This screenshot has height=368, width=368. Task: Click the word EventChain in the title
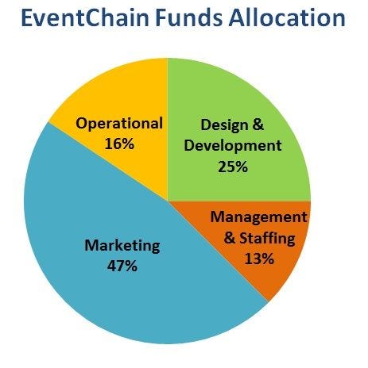click(85, 17)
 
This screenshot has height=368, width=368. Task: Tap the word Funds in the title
click(188, 17)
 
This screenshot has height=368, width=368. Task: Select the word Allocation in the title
click(287, 17)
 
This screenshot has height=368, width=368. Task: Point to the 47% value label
click(122, 266)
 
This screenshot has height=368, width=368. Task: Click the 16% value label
click(119, 144)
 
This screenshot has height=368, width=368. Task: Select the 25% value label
click(233, 167)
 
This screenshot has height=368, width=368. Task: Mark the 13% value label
click(259, 259)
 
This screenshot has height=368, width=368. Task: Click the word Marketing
click(122, 246)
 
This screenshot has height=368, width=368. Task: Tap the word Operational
click(119, 124)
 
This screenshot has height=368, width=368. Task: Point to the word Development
click(233, 146)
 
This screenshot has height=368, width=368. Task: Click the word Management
click(259, 218)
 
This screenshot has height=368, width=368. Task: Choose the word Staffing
click(267, 238)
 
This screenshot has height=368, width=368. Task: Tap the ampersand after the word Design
click(258, 125)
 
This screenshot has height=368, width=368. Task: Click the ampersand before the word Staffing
click(230, 237)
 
